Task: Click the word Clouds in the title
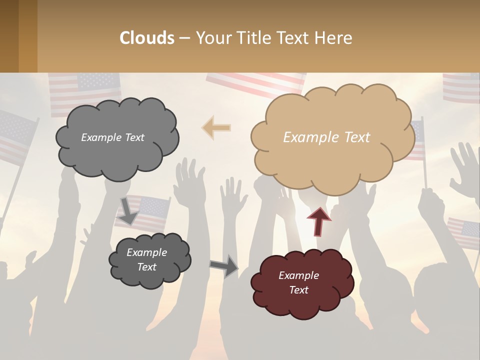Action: click(147, 38)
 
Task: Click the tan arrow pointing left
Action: click(216, 127)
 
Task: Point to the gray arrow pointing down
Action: click(128, 210)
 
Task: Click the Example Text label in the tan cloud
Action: click(326, 137)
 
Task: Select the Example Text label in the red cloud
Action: click(298, 283)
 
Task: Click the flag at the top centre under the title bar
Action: click(255, 82)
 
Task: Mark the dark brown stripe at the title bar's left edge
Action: click(9, 36)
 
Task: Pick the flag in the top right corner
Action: click(461, 87)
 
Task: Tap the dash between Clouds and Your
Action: click(184, 38)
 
